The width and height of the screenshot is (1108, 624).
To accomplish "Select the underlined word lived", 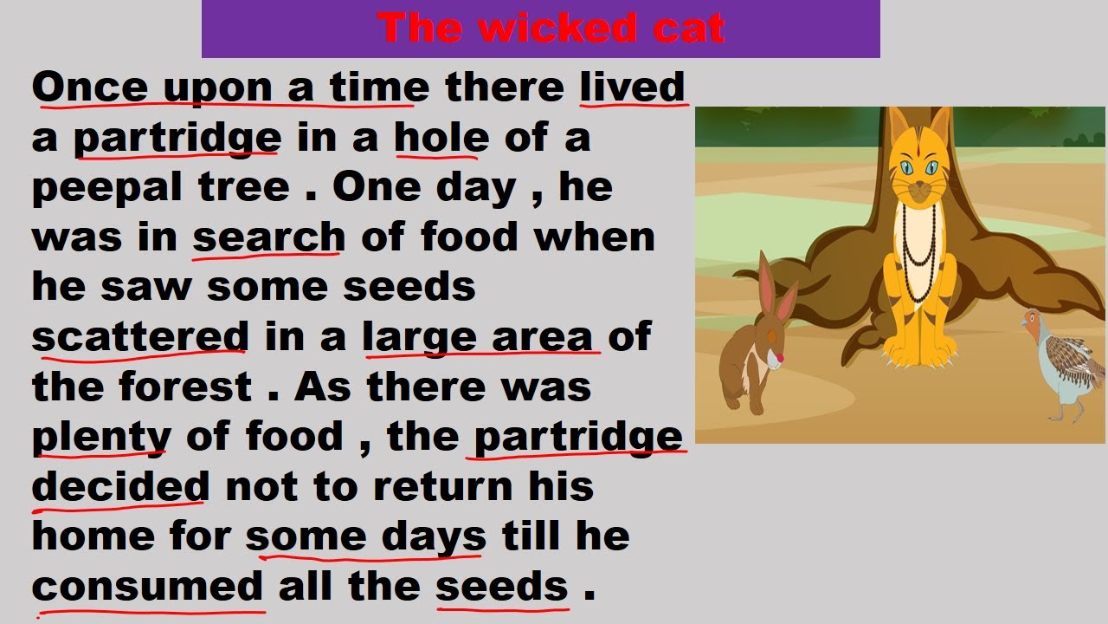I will pos(633,88).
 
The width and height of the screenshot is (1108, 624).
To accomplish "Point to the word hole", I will pos(441,138).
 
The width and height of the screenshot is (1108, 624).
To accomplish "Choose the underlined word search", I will pos(268,237).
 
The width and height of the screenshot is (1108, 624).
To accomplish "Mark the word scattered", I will pos(139,337).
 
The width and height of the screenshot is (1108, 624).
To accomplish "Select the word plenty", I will pos(100,437).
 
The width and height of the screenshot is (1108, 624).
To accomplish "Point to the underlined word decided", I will pos(120,486).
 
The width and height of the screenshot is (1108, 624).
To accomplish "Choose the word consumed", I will pos(147,587).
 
